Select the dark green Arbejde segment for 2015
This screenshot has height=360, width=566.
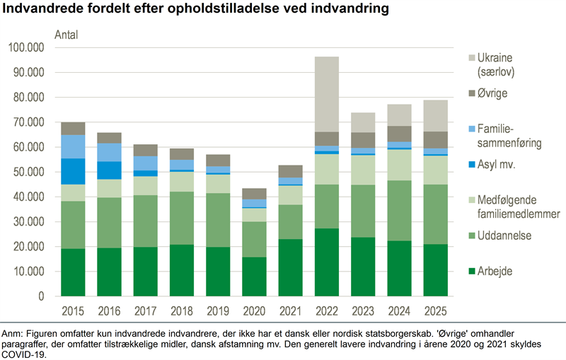tap(73, 272)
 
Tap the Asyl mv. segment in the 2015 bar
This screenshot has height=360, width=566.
tap(73, 171)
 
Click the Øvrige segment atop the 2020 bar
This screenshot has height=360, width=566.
tap(255, 194)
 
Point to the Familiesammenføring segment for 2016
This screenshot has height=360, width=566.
tap(109, 152)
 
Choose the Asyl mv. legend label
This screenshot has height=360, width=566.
tap(501, 165)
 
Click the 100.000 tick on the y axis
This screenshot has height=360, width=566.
tap(25, 47)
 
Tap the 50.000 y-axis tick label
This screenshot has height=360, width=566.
tap(28, 172)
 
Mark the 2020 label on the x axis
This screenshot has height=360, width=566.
tap(255, 311)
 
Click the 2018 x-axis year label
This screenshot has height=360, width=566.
tap(182, 311)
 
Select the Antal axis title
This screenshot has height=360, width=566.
tap(67, 35)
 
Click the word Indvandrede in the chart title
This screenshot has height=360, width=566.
tap(40, 11)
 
